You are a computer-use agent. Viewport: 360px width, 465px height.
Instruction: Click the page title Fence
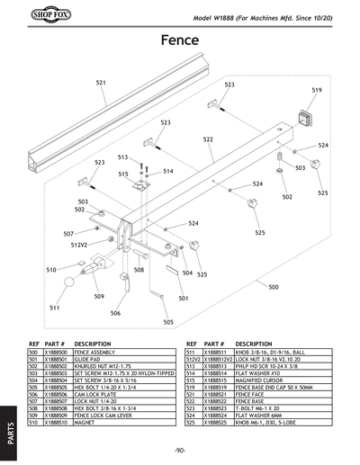180,40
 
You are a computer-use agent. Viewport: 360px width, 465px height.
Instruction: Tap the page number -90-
180,451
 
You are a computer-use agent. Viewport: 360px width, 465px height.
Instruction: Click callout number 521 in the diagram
101,83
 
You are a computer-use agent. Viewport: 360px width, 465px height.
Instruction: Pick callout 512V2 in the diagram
78,245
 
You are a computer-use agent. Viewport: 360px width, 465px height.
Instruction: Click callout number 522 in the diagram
208,139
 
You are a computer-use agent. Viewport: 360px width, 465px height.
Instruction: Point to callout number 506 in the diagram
115,313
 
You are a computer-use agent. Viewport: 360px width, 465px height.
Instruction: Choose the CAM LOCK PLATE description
93,394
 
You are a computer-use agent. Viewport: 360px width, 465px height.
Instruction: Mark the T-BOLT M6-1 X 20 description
259,407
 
